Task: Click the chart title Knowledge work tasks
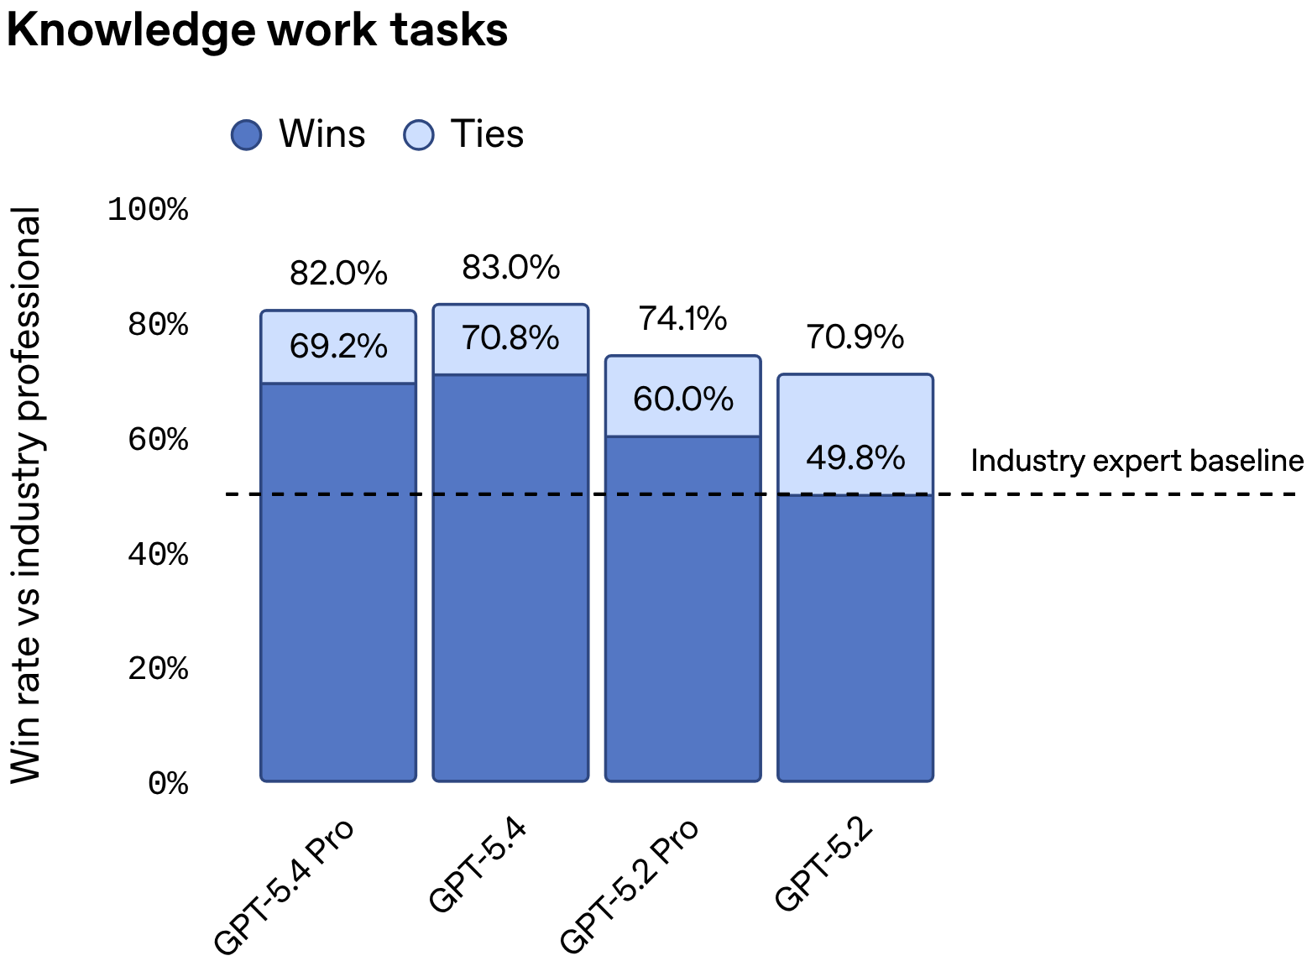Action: coord(257,30)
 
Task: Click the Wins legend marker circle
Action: coord(246,134)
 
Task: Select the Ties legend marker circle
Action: coord(419,134)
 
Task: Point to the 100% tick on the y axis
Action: coord(148,210)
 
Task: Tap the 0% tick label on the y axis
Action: coord(168,784)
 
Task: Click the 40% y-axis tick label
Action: coord(158,555)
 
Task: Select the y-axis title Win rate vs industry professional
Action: coord(27,495)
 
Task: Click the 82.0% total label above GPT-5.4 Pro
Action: coord(338,274)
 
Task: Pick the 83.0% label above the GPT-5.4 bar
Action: coord(510,268)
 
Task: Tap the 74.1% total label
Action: coord(682,319)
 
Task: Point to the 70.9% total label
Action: coord(855,337)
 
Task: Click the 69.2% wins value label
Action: coord(338,347)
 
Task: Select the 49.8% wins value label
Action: coord(855,458)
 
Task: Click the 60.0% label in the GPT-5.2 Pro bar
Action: coord(682,400)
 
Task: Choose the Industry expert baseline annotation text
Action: coord(1137,461)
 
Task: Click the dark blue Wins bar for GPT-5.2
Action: coord(855,638)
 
